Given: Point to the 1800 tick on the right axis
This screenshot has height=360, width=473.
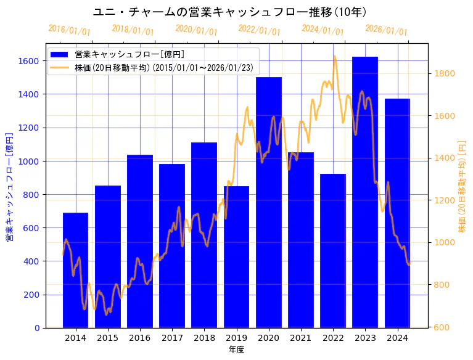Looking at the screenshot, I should pos(444,73).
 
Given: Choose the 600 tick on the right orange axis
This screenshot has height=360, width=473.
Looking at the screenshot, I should pos(442,327).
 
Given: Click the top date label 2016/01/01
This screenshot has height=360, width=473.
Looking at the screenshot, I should pos(70,31).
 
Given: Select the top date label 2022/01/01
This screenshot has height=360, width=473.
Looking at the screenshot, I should pos(259,31).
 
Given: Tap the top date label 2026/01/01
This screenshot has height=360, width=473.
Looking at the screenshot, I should pos(386,31).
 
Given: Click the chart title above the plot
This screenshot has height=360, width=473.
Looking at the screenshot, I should pos(229,12).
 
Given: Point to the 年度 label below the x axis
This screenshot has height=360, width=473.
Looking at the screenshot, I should pos(236,349).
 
